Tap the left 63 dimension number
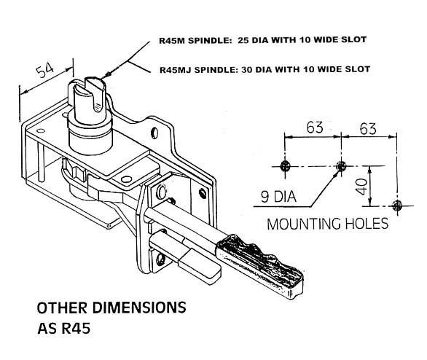pos(314,128)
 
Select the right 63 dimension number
pos(368,128)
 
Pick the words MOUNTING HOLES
pos(327,223)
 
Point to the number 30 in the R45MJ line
pos(247,70)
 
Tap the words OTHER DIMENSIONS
pos(111,307)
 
